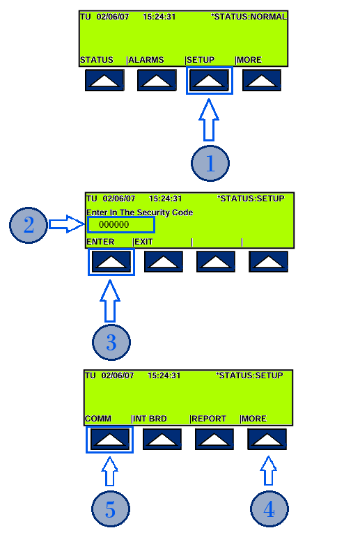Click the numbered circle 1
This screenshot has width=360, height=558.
(210, 163)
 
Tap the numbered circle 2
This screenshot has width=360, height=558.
(29, 225)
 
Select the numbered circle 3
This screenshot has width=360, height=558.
(111, 342)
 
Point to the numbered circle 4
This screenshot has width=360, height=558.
(269, 509)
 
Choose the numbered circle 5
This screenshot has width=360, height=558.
(111, 509)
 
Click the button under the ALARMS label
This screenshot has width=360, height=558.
(157, 80)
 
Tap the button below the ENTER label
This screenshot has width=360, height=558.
(111, 262)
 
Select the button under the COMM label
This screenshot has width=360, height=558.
(109, 440)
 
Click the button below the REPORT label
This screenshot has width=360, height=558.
(214, 440)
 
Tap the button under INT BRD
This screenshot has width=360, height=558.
(162, 440)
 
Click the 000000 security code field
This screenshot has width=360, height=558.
(121, 224)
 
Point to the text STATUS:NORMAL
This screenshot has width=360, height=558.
(250, 17)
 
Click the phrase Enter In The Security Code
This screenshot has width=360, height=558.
(139, 212)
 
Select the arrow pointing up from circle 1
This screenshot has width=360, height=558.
(209, 120)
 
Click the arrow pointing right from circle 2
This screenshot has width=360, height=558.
(67, 224)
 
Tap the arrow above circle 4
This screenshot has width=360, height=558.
(269, 470)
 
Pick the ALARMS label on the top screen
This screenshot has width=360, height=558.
(146, 60)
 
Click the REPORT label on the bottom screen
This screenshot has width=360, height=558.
(208, 419)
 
